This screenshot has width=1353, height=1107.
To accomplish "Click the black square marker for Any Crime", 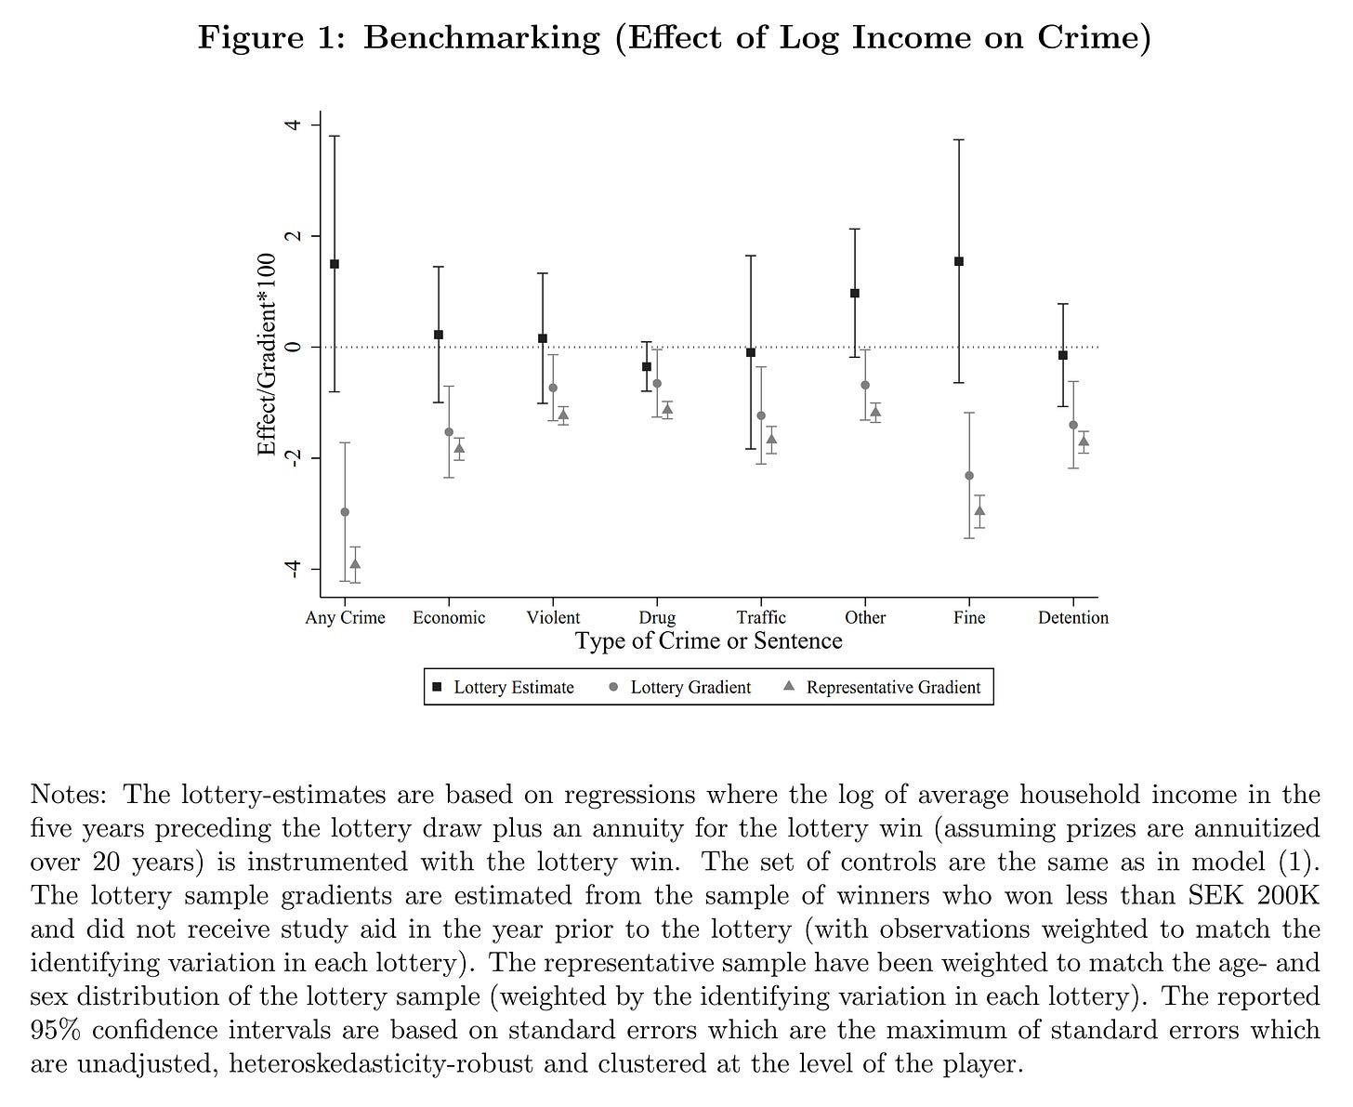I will click(335, 264).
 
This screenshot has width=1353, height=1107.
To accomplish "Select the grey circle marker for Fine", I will click(969, 476).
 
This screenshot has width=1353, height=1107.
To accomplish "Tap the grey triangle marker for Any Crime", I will click(355, 563).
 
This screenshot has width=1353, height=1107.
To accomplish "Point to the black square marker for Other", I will click(855, 294).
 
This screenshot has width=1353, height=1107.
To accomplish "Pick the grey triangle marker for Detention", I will click(1084, 441).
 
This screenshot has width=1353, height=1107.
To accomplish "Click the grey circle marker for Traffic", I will click(761, 415).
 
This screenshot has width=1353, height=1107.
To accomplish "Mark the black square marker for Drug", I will click(647, 367).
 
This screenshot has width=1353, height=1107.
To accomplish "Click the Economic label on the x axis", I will click(449, 618).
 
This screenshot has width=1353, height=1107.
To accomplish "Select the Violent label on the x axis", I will click(553, 618).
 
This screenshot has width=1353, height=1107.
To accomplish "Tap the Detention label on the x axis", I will click(1073, 618).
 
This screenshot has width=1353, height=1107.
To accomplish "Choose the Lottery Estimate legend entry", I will click(503, 688).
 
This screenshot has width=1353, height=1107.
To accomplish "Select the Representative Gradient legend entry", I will click(882, 688).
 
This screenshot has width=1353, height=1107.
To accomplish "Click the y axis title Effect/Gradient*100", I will click(268, 354).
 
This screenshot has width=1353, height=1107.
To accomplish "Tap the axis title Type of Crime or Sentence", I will click(708, 641).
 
